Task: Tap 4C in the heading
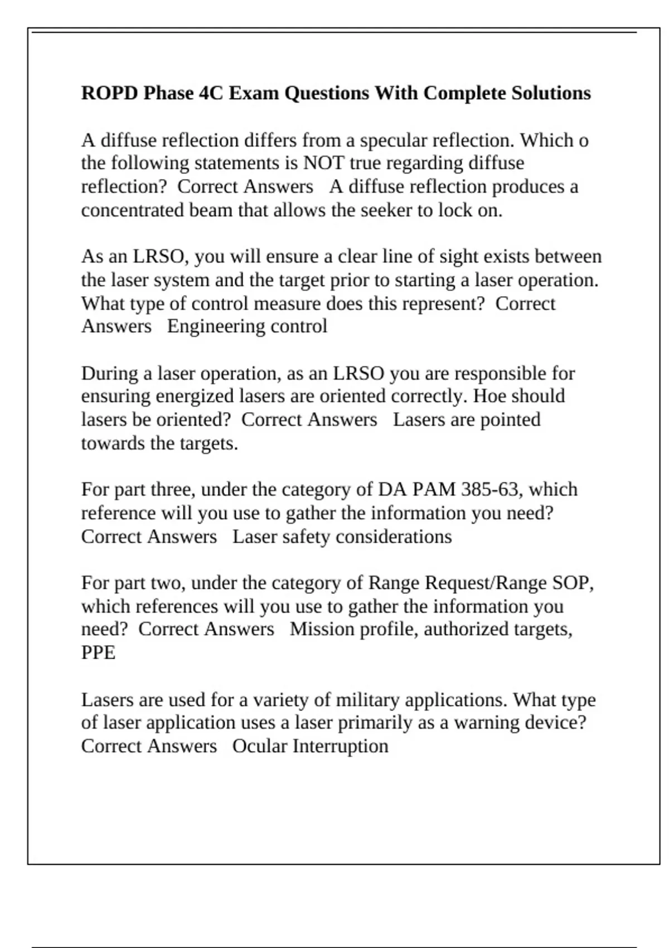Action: tap(211, 93)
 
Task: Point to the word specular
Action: tap(395, 140)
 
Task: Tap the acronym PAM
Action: tap(434, 489)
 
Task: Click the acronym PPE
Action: tap(98, 652)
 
